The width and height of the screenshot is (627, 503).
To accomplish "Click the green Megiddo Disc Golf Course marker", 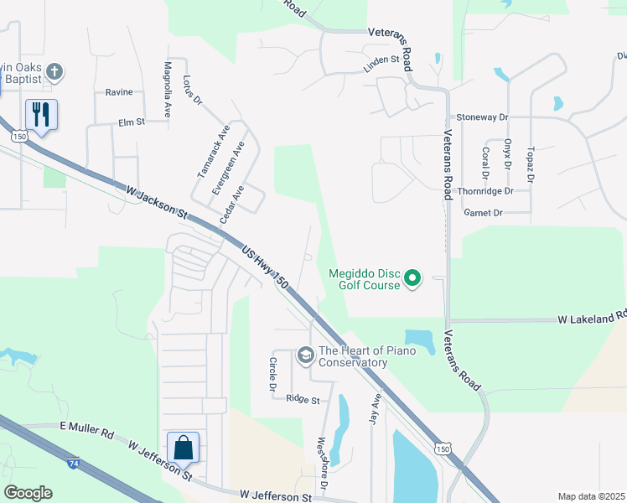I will tap(412, 277).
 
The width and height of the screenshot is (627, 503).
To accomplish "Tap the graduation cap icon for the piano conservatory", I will tap(305, 356).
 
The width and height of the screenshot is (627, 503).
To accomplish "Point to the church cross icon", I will tap(54, 72).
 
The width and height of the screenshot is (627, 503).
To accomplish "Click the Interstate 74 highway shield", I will tap(73, 462).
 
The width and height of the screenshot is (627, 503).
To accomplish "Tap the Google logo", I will tap(28, 493).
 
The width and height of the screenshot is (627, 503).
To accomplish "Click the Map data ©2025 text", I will tap(591, 496).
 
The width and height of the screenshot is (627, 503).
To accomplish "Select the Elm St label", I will tap(132, 122).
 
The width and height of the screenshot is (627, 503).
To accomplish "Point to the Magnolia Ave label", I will tap(167, 87).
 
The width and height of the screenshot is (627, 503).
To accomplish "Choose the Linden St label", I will tap(381, 60).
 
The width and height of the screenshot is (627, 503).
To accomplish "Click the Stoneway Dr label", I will tap(481, 118).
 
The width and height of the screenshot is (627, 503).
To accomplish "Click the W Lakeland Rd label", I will tap(592, 319).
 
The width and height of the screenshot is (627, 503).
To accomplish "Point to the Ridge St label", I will tap(303, 400).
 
